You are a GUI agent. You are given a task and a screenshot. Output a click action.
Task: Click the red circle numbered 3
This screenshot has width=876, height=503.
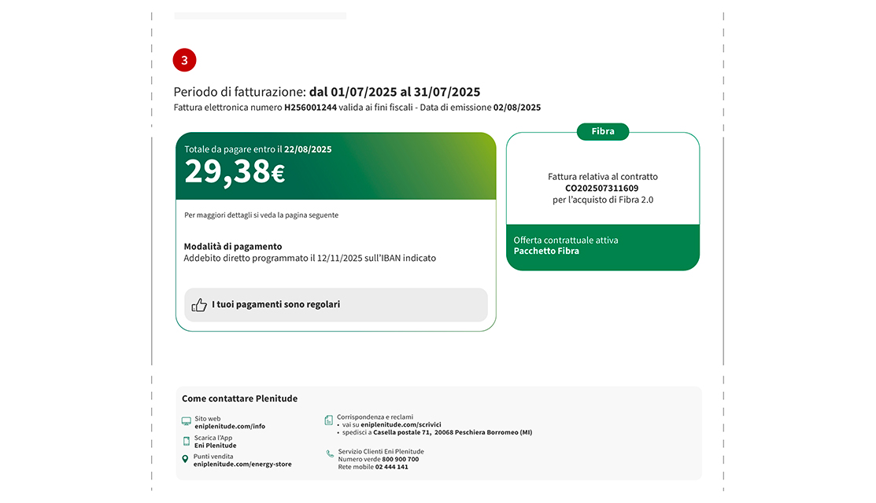pos(184,60)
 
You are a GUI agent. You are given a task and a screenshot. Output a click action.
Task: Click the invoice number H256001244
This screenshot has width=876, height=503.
pos(310,108)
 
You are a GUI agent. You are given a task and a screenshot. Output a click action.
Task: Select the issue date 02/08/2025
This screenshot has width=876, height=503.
pos(517,108)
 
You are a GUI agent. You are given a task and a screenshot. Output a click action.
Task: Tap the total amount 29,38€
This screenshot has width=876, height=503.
pos(235,172)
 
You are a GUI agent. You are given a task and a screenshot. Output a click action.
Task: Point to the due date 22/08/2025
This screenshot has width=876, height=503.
pos(308,149)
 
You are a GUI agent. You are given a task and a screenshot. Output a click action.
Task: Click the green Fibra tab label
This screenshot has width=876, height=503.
pos(603,132)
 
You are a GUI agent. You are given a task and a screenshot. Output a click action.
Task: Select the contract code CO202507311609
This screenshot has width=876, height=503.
pos(602,189)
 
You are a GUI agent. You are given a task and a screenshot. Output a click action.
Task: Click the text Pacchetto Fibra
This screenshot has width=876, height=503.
pos(546,251)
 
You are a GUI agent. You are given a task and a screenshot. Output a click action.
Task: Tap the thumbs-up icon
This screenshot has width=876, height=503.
pos(199,305)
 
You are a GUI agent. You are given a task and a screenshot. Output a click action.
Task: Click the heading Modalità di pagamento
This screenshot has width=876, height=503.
pos(233,246)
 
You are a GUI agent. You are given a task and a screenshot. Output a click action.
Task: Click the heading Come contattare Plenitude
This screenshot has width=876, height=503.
pos(239,398)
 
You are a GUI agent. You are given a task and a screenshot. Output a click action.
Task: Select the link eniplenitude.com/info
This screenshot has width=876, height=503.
pos(230,426)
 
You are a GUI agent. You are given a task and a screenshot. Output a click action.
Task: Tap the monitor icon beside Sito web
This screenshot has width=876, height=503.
pos(186,422)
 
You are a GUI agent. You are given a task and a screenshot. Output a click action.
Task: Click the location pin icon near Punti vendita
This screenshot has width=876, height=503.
pos(186,459)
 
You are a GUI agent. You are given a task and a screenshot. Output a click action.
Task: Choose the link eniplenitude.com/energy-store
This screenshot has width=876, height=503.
pos(242,464)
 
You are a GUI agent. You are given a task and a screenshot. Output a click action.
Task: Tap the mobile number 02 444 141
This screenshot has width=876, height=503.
pos(391,467)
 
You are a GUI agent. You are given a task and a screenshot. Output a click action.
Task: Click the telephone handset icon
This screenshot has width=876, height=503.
pos(330,453)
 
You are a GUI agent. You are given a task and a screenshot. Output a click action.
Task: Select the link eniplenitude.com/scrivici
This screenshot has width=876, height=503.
pos(401,424)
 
